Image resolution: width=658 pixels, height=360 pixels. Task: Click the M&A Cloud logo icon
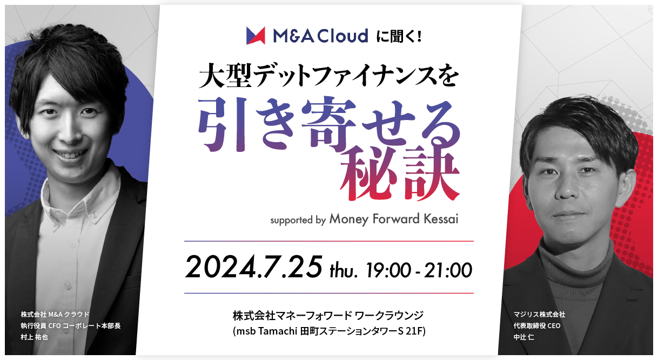click(256, 36)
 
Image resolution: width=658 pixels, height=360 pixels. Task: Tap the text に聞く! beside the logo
click(399, 36)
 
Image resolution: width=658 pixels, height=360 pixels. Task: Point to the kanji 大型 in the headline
click(225, 77)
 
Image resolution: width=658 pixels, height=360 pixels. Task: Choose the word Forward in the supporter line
click(396, 219)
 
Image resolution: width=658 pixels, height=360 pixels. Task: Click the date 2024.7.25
click(253, 267)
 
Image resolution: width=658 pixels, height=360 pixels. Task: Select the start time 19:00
click(388, 270)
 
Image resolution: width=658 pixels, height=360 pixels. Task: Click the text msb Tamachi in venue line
click(267, 331)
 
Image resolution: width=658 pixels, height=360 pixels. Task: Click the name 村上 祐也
click(34, 337)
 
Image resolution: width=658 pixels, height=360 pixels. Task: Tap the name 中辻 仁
click(524, 337)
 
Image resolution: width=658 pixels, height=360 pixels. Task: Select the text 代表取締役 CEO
click(537, 325)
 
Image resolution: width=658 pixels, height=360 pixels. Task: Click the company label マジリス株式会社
click(539, 315)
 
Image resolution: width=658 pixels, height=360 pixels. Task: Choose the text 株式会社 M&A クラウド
click(55, 315)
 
